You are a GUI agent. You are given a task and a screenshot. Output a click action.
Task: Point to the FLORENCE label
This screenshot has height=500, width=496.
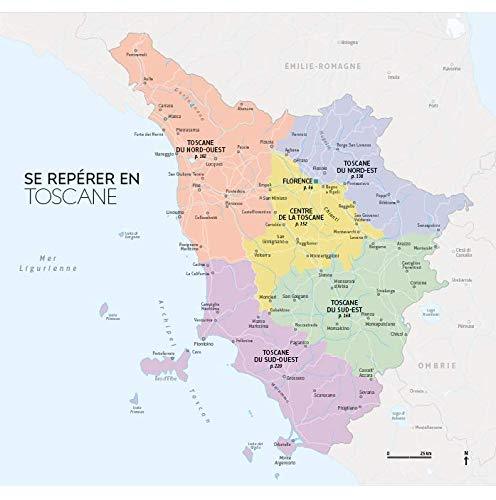pyautogui.click(x=296, y=183)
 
